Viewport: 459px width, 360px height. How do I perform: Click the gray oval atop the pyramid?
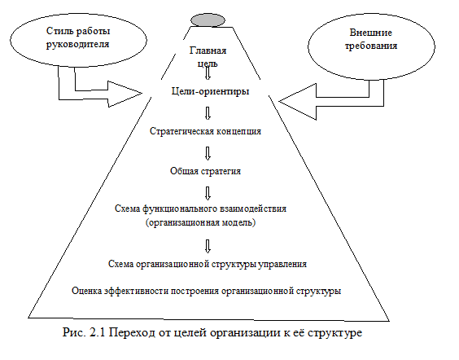(x=208, y=20)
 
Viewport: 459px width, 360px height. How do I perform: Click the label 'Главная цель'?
(x=208, y=57)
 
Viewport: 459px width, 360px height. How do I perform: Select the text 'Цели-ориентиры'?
(x=210, y=91)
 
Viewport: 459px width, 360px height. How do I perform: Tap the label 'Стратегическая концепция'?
(x=205, y=131)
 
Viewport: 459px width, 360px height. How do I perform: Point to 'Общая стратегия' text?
(x=205, y=171)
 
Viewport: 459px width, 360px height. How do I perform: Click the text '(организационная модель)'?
(x=200, y=222)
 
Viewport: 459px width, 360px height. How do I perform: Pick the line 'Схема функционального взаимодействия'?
(x=200, y=209)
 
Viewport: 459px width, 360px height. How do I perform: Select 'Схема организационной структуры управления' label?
(x=208, y=264)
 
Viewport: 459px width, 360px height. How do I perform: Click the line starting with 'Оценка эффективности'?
(x=207, y=291)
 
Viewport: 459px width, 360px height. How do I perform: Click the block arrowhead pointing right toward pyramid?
(x=125, y=94)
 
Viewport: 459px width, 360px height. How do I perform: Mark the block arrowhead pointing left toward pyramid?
(x=297, y=102)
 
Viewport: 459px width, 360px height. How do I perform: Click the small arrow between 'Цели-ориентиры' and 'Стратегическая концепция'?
(x=208, y=113)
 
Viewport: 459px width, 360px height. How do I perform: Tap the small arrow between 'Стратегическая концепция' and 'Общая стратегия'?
(x=208, y=153)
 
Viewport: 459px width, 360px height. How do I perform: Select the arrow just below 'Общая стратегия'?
(x=208, y=193)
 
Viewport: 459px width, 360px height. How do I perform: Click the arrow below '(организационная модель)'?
(x=208, y=246)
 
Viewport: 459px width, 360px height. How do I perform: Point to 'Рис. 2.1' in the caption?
(x=84, y=332)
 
